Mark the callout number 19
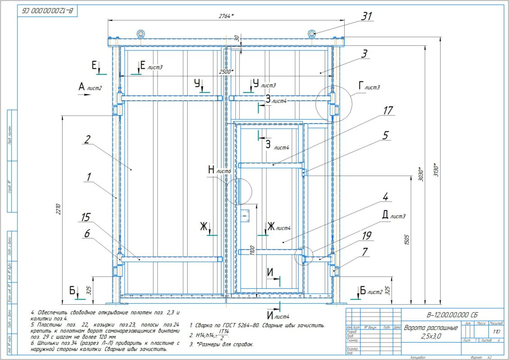[x=366, y=234]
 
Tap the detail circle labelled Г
[x=333, y=104]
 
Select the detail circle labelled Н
[x=237, y=191]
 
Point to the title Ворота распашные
[x=430, y=328]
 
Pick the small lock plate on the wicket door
[x=245, y=217]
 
